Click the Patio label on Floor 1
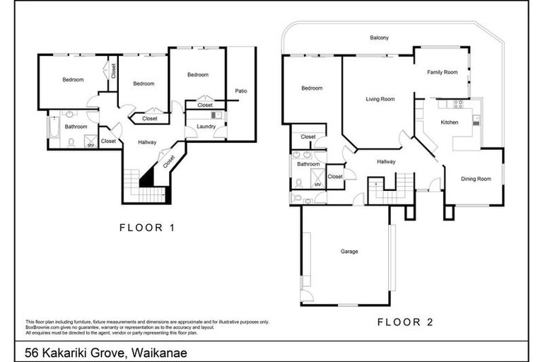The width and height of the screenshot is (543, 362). pos(241,90)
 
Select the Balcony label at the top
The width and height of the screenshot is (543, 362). pos(380,37)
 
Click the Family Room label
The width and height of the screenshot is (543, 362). pos(443,72)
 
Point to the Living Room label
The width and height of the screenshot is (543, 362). pos(380,99)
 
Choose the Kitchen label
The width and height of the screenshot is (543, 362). pos(450,122)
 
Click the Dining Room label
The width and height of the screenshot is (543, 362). pos(476,179)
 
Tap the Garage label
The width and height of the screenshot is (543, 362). pos(349,252)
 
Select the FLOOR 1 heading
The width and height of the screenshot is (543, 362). pos(146,228)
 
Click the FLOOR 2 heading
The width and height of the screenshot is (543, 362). pos(404,322)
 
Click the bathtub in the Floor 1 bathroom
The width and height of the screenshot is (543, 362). pos(54,132)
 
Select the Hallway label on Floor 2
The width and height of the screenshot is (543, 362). pos(386,162)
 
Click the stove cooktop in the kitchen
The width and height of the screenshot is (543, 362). pos(457,104)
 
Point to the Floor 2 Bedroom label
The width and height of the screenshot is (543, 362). pos(312,88)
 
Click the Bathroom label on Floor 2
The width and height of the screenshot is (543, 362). pos(308,164)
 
